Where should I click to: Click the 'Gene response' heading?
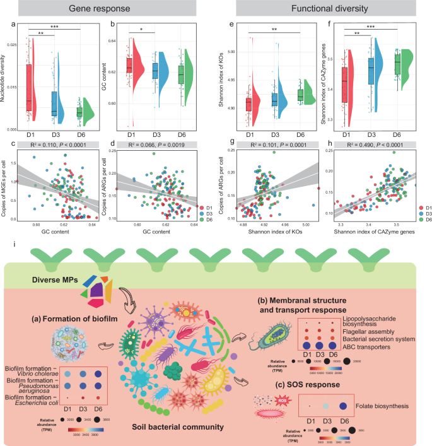107,9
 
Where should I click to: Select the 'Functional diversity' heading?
324,9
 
